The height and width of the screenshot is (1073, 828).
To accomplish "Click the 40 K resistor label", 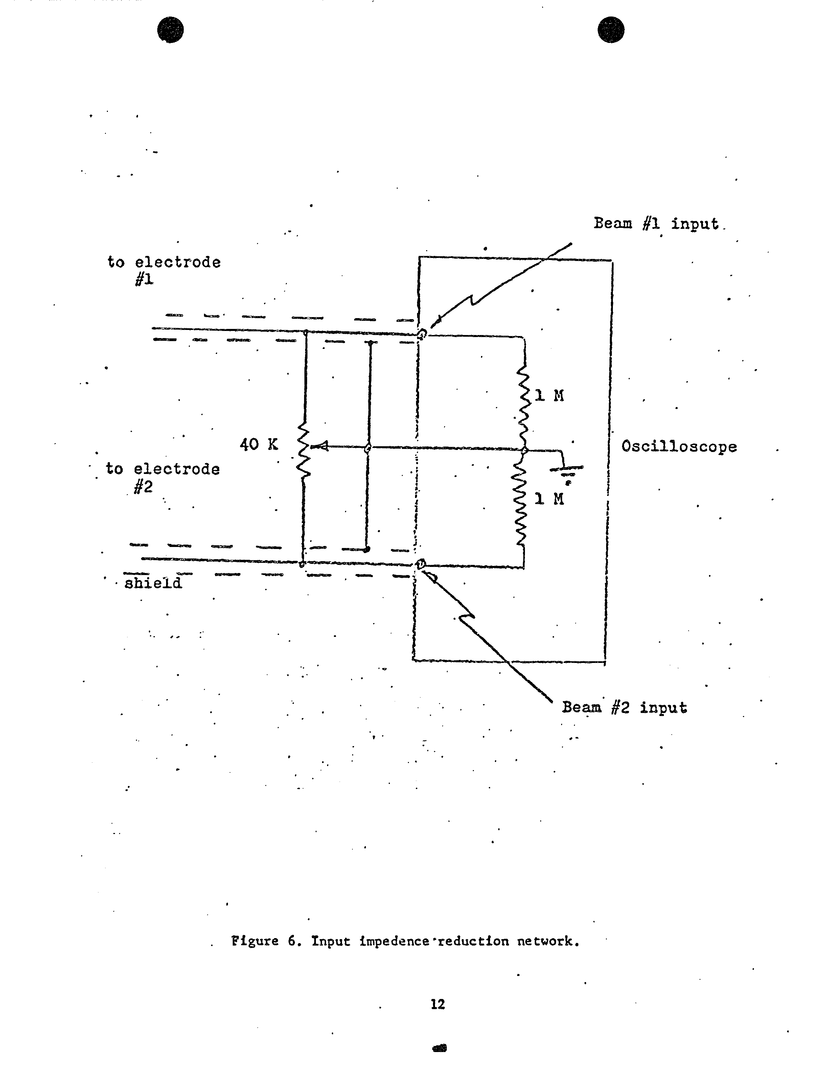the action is [x=259, y=445].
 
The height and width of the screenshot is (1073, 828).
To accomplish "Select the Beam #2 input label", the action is [x=624, y=708].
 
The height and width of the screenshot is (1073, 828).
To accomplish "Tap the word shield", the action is [x=153, y=583].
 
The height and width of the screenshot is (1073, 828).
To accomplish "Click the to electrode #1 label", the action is [x=164, y=270].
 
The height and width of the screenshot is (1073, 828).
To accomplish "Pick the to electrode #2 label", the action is [x=162, y=478].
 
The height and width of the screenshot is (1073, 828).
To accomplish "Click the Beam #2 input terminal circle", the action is [x=420, y=564].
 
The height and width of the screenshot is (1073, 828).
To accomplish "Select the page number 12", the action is [x=438, y=1004].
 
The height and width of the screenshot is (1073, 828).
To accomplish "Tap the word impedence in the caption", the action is [x=394, y=942].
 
